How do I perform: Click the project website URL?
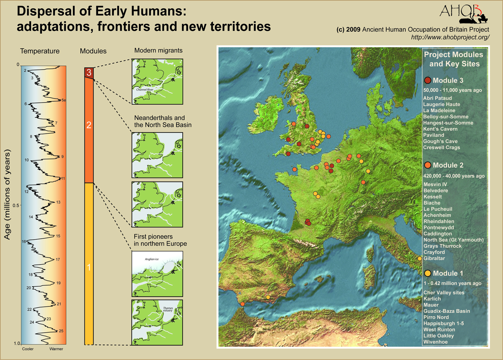pyautogui.click(x=450, y=37)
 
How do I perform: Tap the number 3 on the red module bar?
pyautogui.click(x=89, y=72)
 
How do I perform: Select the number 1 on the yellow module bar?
pyautogui.click(x=89, y=267)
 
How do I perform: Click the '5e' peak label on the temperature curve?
pyautogui.click(x=63, y=100)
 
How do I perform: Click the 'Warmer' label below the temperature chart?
pyautogui.click(x=56, y=349)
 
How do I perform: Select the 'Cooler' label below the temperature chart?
pyautogui.click(x=28, y=349)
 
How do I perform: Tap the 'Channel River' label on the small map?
pyautogui.click(x=144, y=90)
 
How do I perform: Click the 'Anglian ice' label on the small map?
pyautogui.click(x=152, y=259)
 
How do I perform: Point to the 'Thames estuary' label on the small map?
pyautogui.click(x=168, y=309)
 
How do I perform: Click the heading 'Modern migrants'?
pyautogui.click(x=158, y=51)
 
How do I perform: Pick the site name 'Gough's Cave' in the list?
pyautogui.click(x=440, y=141)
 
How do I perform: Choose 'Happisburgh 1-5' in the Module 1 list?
pyautogui.click(x=443, y=323)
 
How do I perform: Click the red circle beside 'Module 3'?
pyautogui.click(x=428, y=80)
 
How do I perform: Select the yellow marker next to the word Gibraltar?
pyautogui.click(x=420, y=259)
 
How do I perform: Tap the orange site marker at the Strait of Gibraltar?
pyautogui.click(x=243, y=304)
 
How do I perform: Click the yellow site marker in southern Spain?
pyautogui.click(x=268, y=297)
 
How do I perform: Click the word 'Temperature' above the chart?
pyautogui.click(x=40, y=51)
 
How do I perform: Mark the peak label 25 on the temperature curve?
pyautogui.click(x=61, y=331)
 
